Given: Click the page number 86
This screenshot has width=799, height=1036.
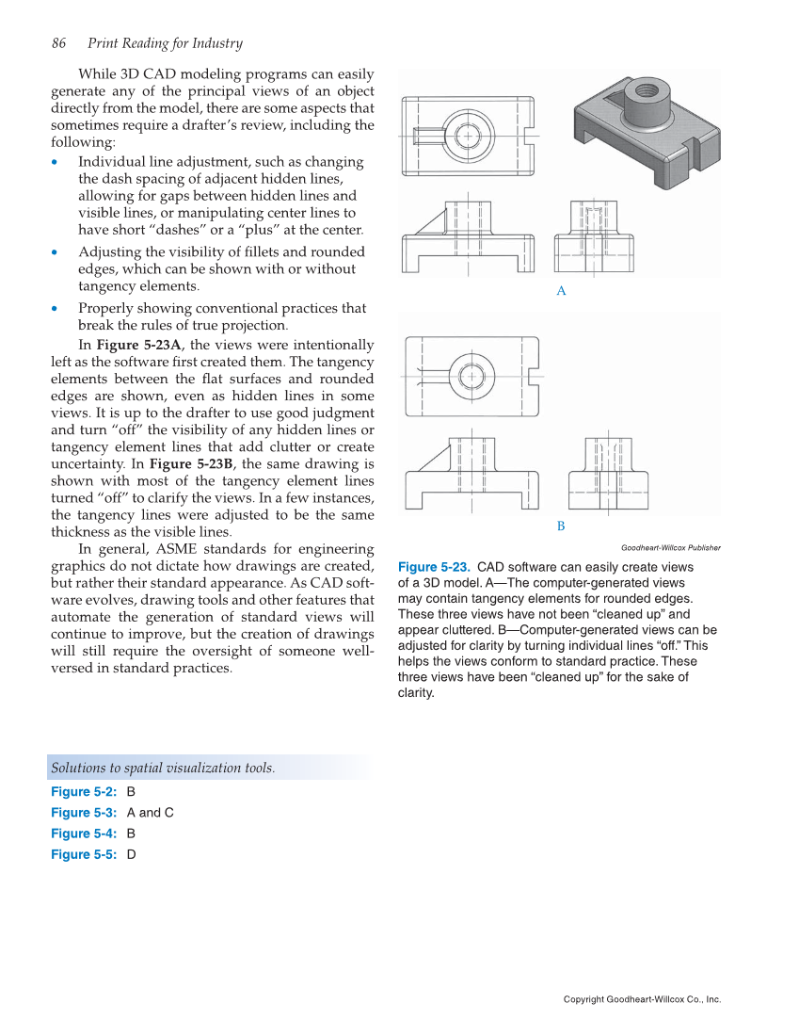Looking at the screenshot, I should tap(58, 43).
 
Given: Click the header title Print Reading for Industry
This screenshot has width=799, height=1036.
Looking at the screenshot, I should tap(165, 43).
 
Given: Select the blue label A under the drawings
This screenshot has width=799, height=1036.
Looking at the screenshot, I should tap(561, 292).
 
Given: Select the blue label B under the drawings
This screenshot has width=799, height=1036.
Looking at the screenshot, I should tap(561, 526).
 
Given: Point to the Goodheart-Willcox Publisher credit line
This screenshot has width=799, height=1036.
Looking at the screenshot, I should tap(671, 547).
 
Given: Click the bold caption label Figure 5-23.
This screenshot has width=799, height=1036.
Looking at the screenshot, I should tap(434, 567).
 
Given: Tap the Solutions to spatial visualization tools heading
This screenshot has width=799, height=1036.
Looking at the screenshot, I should tap(163, 768).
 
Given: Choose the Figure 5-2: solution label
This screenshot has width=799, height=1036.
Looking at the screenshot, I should tap(84, 792).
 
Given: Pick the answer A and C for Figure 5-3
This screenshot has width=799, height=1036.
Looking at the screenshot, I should tap(150, 813).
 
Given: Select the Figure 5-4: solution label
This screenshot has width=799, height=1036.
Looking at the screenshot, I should tap(84, 834).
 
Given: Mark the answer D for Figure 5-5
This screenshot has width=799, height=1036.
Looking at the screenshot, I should tap(131, 854).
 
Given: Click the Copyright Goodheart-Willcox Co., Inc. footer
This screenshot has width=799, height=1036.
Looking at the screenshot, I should tap(642, 999).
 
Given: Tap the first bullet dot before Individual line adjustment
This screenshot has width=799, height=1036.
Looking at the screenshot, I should tap(57, 162).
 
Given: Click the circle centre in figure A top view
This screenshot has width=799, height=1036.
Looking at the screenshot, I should tap(468, 135).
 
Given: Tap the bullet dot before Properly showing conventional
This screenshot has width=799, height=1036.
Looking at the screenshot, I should tap(57, 309).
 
